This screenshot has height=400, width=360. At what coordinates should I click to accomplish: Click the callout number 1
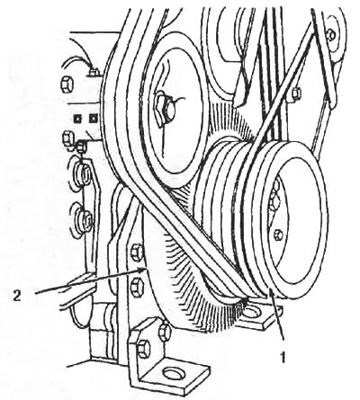coord(282,357)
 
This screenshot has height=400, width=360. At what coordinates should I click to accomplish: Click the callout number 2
coord(17,297)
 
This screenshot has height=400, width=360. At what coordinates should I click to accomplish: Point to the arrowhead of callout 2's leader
coord(144,269)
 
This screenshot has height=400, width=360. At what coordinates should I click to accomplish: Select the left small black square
coord(77,120)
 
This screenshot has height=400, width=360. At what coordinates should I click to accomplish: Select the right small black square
coord(93,119)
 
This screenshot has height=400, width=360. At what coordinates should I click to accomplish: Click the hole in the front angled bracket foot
coord(172,374)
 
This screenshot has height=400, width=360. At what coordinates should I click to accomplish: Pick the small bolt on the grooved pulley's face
coord(278,235)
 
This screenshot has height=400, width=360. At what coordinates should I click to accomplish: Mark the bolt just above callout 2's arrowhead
coord(136,251)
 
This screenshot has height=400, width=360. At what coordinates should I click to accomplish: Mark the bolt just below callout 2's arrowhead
coord(137,286)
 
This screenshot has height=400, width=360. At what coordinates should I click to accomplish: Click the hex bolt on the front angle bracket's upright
coord(143,349)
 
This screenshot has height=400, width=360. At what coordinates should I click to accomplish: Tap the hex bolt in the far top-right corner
coord(331,34)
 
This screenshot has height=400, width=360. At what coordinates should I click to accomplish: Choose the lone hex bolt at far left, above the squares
coord(66,84)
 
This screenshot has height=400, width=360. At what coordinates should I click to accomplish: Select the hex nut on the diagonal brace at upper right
coord(296,93)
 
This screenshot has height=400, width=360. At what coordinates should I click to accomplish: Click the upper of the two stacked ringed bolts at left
coord(84,173)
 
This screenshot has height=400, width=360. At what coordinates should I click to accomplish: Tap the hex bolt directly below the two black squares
coord(67,138)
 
